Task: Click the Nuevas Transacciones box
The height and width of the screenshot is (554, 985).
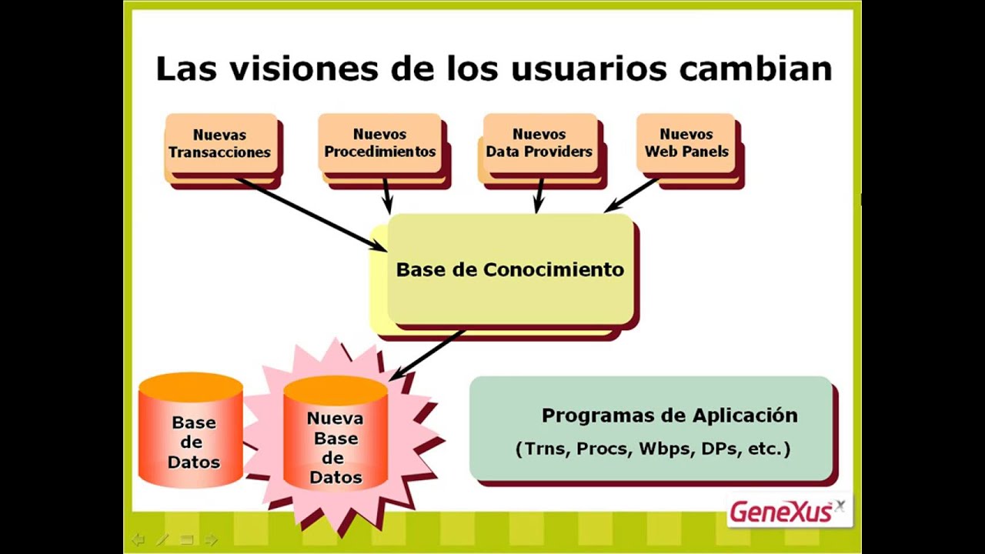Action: pyautogui.click(x=221, y=144)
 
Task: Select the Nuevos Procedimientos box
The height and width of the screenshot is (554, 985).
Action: pyautogui.click(x=380, y=144)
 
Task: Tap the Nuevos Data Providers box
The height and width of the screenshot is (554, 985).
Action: pyautogui.click(x=539, y=144)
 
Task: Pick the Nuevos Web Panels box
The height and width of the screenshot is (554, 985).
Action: pyautogui.click(x=686, y=144)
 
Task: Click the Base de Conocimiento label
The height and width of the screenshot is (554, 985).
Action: pyautogui.click(x=509, y=270)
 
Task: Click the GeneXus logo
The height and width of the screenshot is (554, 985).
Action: pyautogui.click(x=787, y=512)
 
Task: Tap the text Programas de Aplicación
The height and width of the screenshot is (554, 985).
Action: pyautogui.click(x=669, y=415)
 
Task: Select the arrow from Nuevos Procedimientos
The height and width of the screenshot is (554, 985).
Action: pyautogui.click(x=386, y=195)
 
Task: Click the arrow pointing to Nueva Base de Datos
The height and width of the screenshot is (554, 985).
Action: pyautogui.click(x=428, y=355)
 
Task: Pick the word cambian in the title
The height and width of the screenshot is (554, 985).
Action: pyautogui.click(x=756, y=68)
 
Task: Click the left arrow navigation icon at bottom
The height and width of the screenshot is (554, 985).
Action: pyautogui.click(x=139, y=539)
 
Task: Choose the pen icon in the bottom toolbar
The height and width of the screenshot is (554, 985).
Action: pyautogui.click(x=162, y=539)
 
